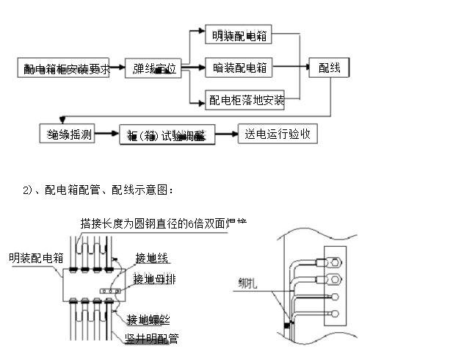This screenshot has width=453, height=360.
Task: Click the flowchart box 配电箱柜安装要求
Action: click(66, 69)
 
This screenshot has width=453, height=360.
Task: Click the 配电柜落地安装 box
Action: click(245, 99)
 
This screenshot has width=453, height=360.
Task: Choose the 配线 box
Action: click(329, 68)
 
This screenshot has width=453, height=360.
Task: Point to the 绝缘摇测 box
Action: click(68, 134)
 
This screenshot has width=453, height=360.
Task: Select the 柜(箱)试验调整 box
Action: click(167, 135)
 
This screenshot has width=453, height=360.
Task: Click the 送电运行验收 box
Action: click(278, 134)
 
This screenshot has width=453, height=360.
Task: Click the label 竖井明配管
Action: click(152, 338)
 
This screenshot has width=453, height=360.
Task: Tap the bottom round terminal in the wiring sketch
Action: click(333, 314)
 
